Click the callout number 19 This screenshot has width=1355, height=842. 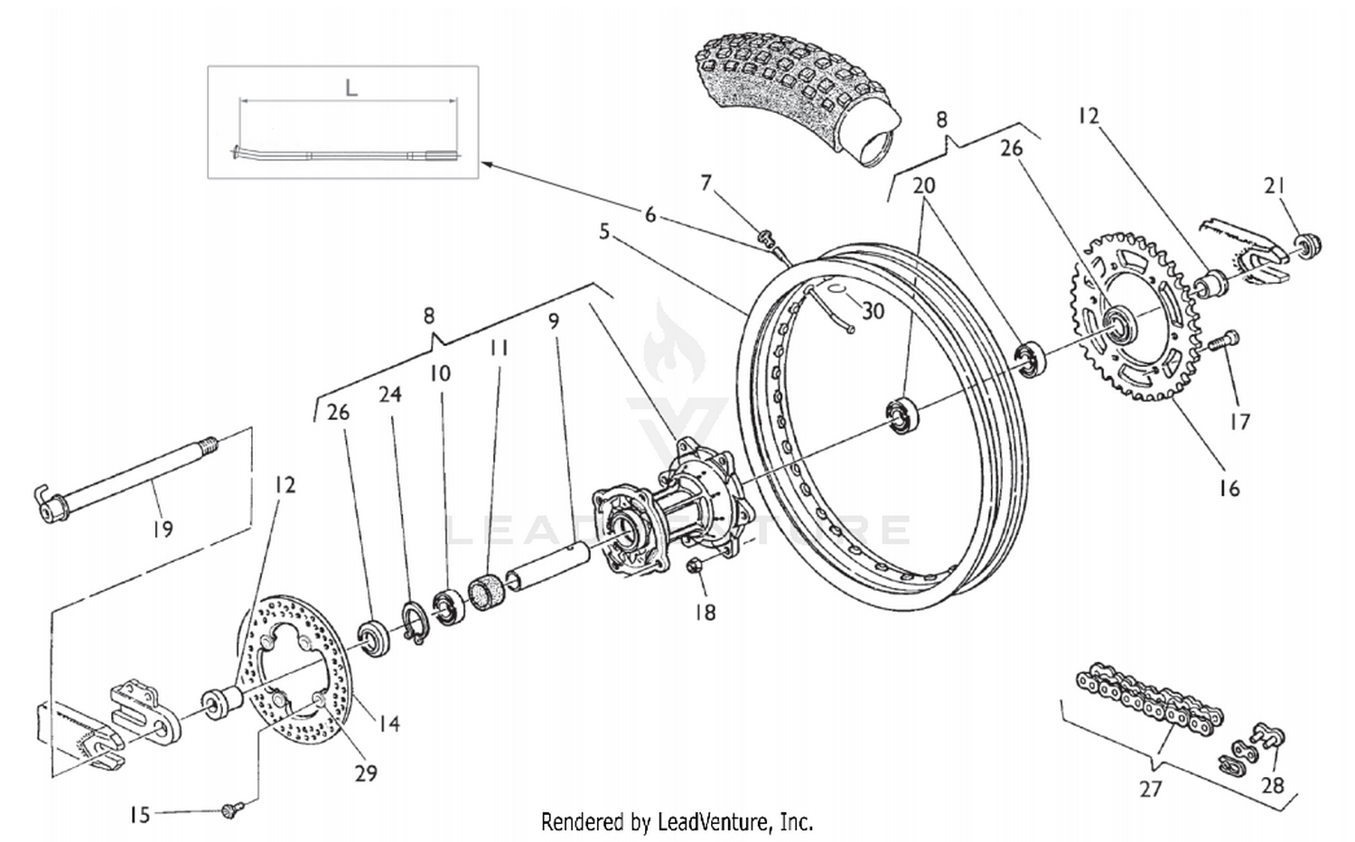coord(162,528)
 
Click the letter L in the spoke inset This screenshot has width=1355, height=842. coord(351,88)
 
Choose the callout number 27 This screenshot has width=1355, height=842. coord(1150,789)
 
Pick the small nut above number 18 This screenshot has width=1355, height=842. coord(696,566)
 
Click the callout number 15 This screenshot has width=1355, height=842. coord(139,815)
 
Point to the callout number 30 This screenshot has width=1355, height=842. coord(872,311)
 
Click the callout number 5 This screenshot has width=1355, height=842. coord(604,232)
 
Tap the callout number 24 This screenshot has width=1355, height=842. coord(390,394)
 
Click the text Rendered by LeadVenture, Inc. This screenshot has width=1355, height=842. coord(677,822)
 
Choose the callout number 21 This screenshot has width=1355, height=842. coord(1275,185)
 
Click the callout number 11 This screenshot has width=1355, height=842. coord(499,347)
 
